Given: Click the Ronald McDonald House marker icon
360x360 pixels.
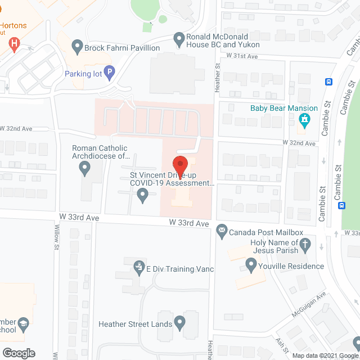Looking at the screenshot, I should [x=179, y=39].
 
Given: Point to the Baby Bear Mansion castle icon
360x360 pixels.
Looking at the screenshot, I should [x=304, y=119].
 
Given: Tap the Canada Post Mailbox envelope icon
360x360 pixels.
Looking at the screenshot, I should [x=222, y=230].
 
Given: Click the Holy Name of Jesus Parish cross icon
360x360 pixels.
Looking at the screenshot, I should [x=304, y=245].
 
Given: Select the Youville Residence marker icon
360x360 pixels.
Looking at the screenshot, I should [x=251, y=264].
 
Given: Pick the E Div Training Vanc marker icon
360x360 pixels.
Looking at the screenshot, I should [x=138, y=266].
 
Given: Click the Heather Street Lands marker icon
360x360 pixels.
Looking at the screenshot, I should [x=179, y=322].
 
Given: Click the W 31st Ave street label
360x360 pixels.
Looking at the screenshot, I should [x=241, y=55].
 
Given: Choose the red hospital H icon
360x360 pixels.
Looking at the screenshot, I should [x=15, y=43].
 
